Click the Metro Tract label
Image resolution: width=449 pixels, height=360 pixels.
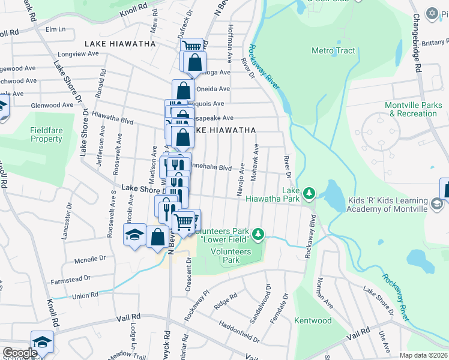[x=333, y=51]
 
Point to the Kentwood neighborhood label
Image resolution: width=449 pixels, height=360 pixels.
[x=313, y=320]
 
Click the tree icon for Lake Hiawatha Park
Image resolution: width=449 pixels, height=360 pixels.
[x=309, y=193]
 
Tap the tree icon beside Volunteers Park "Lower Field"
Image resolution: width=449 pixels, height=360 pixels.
[x=258, y=233]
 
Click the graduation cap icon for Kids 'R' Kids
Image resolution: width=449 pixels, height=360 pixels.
[x=437, y=204]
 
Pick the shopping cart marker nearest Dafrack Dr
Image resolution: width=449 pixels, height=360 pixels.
[x=191, y=46]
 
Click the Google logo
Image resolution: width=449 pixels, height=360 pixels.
[x=20, y=353]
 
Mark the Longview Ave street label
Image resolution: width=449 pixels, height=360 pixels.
[x=76, y=53]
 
